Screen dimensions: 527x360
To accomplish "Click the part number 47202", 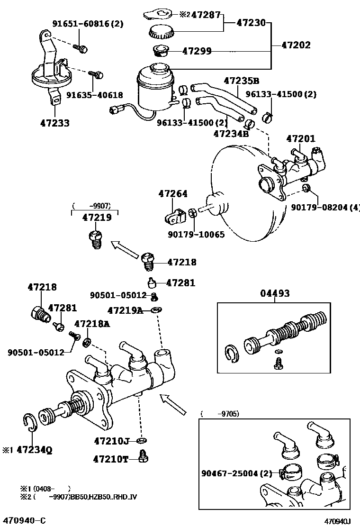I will pyautogui.click(x=296, y=45).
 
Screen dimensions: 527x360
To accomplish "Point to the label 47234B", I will pyautogui.click(x=231, y=134).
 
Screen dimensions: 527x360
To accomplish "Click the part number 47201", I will pyautogui.click(x=300, y=139).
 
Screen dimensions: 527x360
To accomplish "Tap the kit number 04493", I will pyautogui.click(x=274, y=294).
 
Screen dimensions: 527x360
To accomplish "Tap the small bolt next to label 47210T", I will pyautogui.click(x=143, y=457).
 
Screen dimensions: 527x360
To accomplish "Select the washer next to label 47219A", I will pyautogui.click(x=156, y=310).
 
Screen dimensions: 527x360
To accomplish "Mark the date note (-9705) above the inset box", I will pyautogui.click(x=220, y=414).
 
